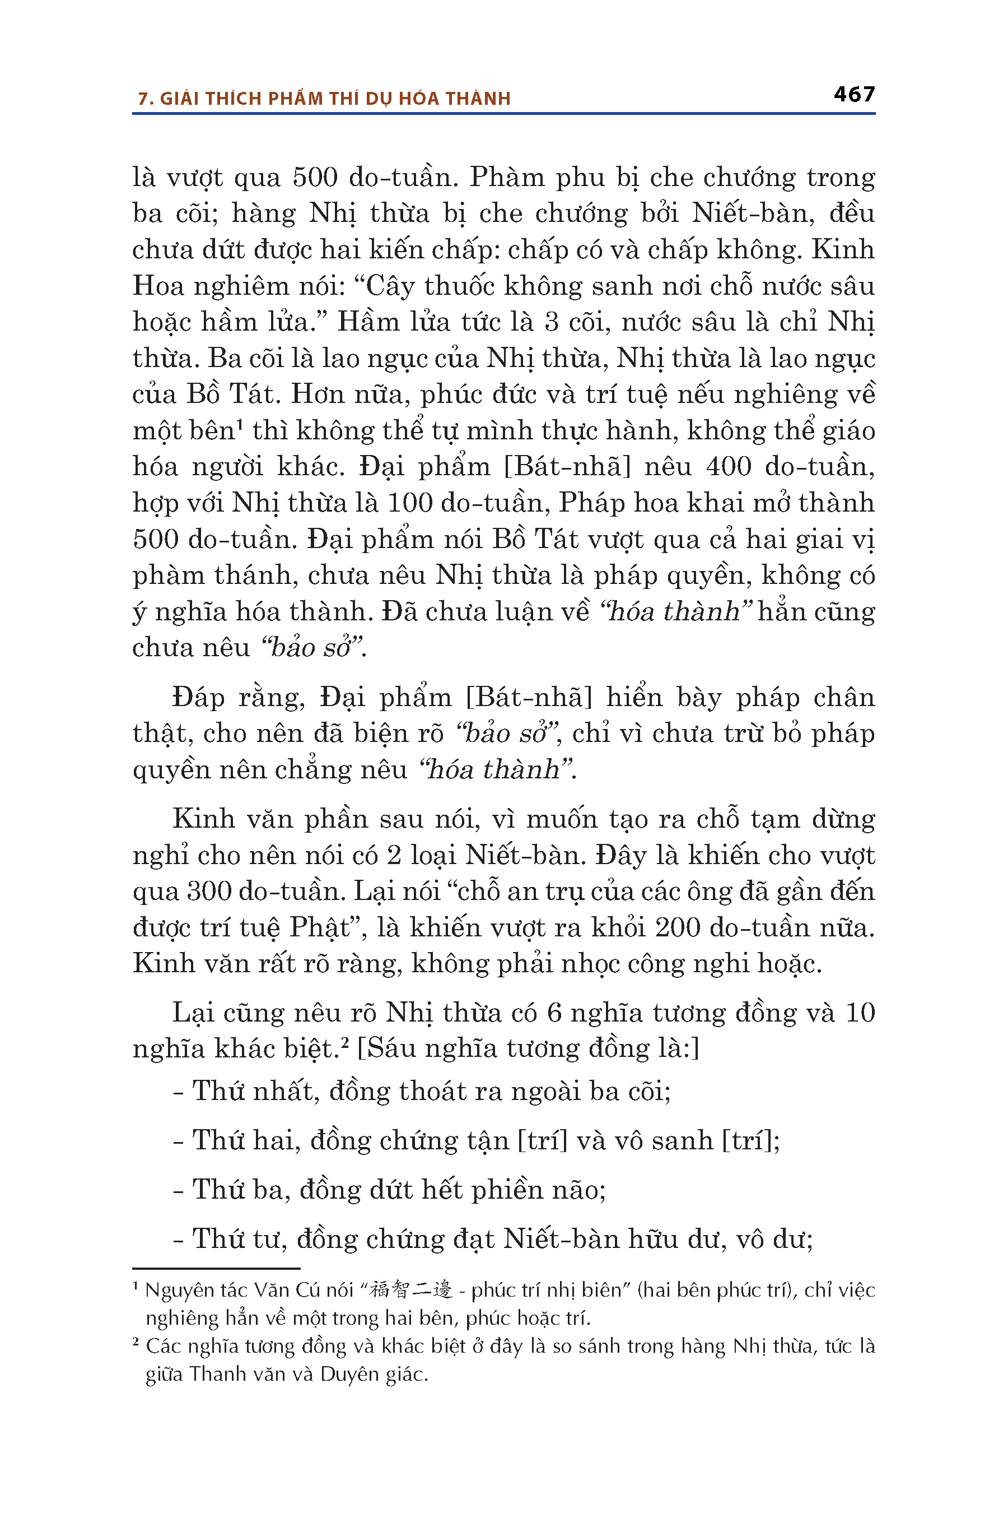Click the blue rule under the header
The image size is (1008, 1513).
(x=503, y=114)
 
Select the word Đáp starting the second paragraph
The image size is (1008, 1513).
(x=198, y=697)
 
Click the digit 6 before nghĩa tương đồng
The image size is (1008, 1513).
(x=554, y=1013)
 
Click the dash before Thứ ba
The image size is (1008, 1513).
(x=179, y=1191)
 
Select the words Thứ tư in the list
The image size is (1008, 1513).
(x=230, y=1239)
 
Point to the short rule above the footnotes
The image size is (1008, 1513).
(x=216, y=1268)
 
